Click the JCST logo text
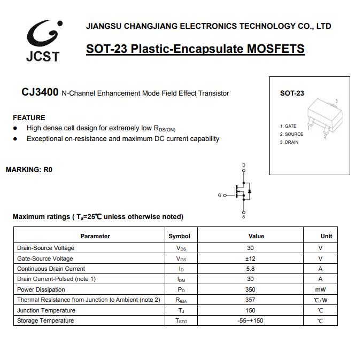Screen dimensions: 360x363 [43, 56]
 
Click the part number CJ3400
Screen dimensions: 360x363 [40, 92]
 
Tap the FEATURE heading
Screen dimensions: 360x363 [29, 118]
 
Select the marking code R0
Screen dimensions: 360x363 [48, 170]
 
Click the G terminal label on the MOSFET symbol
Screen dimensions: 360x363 [219, 195]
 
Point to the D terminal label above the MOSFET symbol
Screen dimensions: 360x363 [244, 165]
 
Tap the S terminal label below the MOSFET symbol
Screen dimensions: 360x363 [244, 216]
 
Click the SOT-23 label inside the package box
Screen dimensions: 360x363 [292, 93]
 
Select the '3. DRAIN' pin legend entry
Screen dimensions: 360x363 [289, 142]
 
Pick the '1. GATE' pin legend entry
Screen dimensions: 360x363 [288, 126]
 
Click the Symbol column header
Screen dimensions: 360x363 [179, 236]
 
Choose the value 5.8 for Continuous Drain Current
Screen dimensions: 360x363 [250, 269]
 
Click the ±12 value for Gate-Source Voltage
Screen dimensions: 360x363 [250, 259]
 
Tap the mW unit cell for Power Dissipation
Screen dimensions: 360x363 [320, 289]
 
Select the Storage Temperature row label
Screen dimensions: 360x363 [45, 320]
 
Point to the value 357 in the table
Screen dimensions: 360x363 [250, 300]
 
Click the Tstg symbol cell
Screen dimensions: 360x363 [181, 321]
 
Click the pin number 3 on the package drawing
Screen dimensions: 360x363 [336, 101]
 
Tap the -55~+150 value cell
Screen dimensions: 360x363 [250, 320]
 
